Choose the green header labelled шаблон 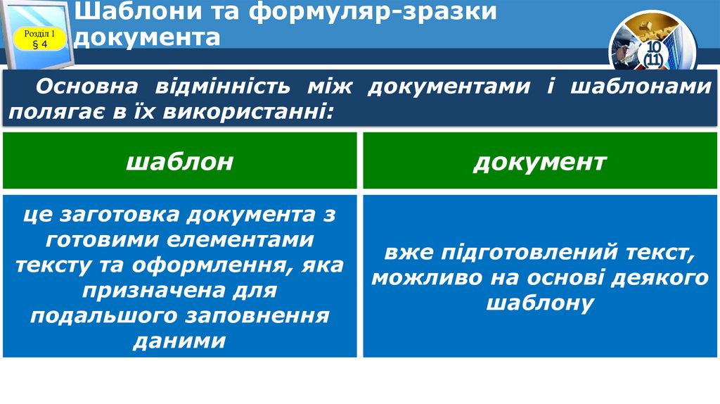(179, 162)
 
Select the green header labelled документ (539, 162)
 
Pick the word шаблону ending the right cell (539, 303)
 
